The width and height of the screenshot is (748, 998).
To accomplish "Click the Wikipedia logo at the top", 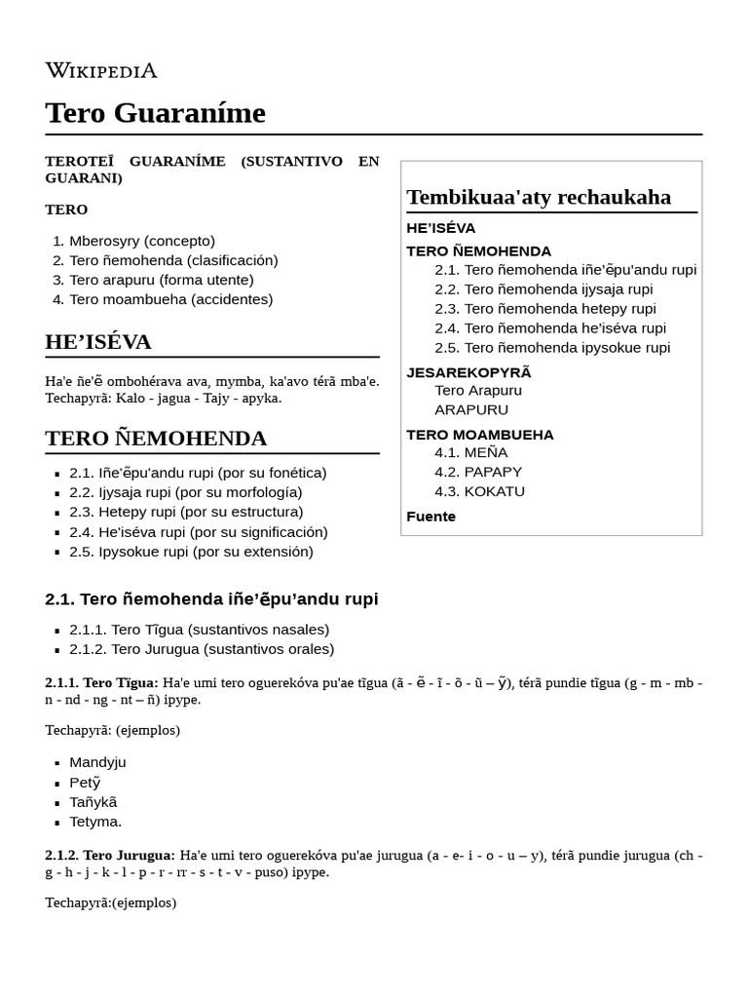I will pyautogui.click(x=100, y=70).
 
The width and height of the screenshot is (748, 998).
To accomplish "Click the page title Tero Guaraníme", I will pyautogui.click(x=155, y=113).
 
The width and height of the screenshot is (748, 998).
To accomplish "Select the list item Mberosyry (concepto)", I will pyautogui.click(x=142, y=241).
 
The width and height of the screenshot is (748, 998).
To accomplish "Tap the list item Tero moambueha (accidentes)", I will pyautogui.click(x=170, y=299).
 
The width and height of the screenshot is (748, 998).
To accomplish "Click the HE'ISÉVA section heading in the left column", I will pyautogui.click(x=97, y=342).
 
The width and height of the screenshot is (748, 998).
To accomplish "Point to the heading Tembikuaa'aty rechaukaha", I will pyautogui.click(x=539, y=197).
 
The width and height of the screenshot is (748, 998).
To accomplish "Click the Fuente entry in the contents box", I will pyautogui.click(x=430, y=517).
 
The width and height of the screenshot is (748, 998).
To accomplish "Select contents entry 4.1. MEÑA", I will pyautogui.click(x=470, y=452).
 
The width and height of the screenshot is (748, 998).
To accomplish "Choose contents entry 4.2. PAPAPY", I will pyautogui.click(x=479, y=472).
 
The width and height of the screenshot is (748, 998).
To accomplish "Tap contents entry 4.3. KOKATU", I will pyautogui.click(x=479, y=491).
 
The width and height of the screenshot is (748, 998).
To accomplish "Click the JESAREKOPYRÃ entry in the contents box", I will pyautogui.click(x=468, y=372).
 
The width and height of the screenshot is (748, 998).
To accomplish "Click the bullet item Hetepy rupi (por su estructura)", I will pyautogui.click(x=186, y=512).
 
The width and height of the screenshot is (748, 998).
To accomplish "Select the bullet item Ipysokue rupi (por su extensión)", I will pyautogui.click(x=191, y=552).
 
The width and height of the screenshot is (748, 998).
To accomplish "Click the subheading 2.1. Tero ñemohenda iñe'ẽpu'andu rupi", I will pyautogui.click(x=211, y=599).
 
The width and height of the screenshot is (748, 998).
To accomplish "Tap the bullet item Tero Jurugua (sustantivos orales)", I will pyautogui.click(x=202, y=649).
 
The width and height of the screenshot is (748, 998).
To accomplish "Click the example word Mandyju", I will pyautogui.click(x=97, y=762).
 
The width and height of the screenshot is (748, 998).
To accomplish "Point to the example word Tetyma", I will pyautogui.click(x=95, y=822).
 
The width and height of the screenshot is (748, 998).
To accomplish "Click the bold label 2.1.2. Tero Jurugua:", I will pyautogui.click(x=110, y=855).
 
